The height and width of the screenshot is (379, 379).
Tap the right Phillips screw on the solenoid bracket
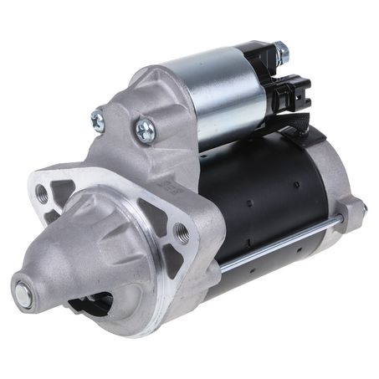coord(145,129)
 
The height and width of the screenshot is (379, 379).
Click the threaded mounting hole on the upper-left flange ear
coord(43,193)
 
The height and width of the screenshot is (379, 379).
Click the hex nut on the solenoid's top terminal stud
coord(280,53)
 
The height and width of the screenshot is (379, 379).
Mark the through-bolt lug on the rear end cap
coord(360,207)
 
